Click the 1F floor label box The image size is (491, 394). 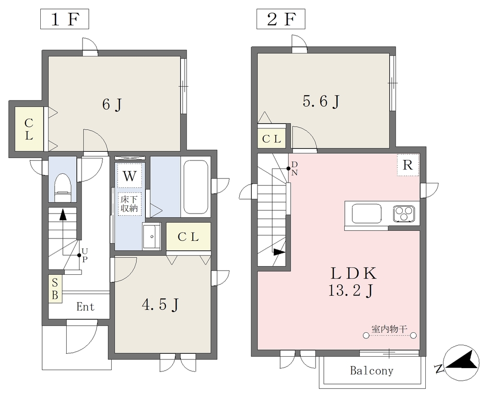[x=65, y=19]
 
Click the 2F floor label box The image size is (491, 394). [x=281, y=19]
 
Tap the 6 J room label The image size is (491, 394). [x=112, y=104]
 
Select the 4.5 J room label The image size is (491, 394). [x=160, y=304]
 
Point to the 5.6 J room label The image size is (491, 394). [x=321, y=101]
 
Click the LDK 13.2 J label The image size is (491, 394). [x=353, y=282]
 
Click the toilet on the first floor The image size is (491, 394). [x=63, y=188]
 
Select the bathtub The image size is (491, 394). [x=196, y=187]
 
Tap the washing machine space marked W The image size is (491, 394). [x=129, y=176]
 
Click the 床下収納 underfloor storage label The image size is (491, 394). [x=129, y=204]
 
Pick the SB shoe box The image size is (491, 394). [x=55, y=289]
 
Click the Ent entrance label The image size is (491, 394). [x=85, y=307]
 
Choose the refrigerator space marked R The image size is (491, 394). [x=408, y=165]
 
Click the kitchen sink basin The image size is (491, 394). [x=367, y=213]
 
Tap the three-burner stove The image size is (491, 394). [x=404, y=214]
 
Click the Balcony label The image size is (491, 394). [x=372, y=371]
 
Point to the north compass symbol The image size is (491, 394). [x=461, y=363]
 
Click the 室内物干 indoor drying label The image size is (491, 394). [x=389, y=329]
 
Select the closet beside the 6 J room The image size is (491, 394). [x=29, y=129]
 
